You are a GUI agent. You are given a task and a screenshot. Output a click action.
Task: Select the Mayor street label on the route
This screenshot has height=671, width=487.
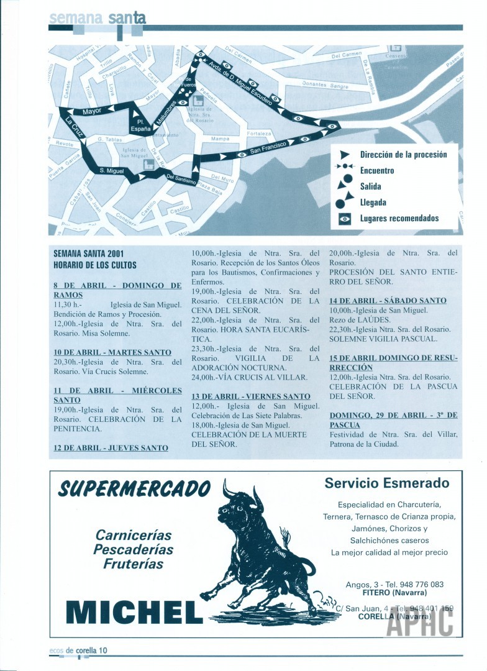pos(92,111)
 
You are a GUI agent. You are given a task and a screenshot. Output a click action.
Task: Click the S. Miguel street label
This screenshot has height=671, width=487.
pos(112,170)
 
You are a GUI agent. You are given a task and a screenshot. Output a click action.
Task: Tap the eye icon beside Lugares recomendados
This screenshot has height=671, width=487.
pos(345,218)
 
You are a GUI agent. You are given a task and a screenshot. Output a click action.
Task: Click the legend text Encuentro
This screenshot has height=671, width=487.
pos(376,170)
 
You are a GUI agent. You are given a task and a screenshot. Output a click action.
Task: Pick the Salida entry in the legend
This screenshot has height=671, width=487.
pos(370,186)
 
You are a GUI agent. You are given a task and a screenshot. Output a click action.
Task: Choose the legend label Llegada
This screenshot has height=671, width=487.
pos(373,202)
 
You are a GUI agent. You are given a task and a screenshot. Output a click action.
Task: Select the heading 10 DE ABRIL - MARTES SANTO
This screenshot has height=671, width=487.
pos(112,352)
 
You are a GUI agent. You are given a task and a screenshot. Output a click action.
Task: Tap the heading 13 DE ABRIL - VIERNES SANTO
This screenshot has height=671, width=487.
pos(250,396)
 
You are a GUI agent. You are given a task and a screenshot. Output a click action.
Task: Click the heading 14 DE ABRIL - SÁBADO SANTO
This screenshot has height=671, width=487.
pos(388,301)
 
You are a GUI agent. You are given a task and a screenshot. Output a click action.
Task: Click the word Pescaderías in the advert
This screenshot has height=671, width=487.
pos(133,549)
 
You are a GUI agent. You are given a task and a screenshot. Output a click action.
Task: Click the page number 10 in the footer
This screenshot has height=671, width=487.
pos(102,650)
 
